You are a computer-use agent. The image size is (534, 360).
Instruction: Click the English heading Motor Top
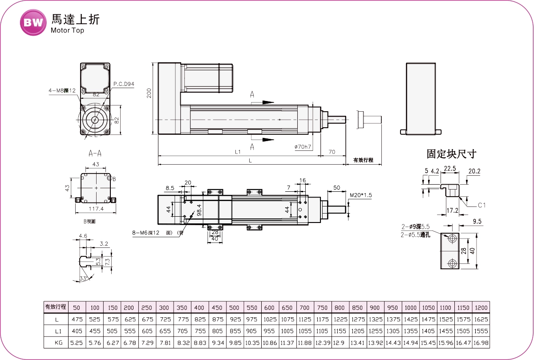67,31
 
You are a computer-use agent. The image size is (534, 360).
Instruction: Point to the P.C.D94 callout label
124,84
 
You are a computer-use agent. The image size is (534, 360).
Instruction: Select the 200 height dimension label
150,93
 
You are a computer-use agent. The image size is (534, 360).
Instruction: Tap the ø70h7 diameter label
303,146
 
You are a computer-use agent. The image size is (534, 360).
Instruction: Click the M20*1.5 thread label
360,195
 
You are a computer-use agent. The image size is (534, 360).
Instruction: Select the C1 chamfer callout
481,205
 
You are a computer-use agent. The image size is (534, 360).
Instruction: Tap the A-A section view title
95,154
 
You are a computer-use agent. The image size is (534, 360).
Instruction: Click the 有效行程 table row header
56,307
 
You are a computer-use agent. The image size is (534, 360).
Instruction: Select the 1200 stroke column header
481,307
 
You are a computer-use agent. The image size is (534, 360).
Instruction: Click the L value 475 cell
77,320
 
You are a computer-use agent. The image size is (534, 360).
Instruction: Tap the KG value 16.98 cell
481,343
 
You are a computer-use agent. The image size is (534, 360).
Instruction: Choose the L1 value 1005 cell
287,331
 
